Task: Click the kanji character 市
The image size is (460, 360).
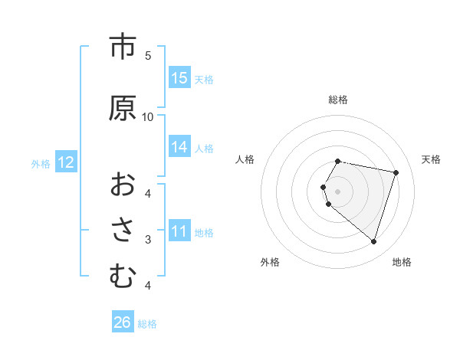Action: [x=121, y=47]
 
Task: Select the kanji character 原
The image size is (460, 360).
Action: [x=121, y=108]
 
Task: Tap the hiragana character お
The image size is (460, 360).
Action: [x=121, y=184]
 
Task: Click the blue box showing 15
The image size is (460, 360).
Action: [x=179, y=78]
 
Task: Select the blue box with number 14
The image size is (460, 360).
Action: [x=179, y=147]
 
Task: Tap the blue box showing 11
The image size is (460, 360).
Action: [x=179, y=231]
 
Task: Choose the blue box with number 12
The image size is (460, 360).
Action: [x=65, y=162]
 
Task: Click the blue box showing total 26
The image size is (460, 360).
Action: [x=123, y=322]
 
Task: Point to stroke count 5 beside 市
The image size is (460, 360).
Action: [x=148, y=56]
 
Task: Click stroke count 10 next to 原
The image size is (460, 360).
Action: [x=148, y=117]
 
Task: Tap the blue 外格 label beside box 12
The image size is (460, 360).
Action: [x=41, y=163]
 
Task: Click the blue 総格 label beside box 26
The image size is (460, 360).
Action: [x=148, y=323]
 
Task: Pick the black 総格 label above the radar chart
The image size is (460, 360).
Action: [x=338, y=100]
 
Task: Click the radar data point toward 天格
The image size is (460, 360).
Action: [x=396, y=172]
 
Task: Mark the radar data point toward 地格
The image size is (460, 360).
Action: [x=373, y=241]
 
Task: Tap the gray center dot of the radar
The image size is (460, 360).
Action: [x=337, y=191]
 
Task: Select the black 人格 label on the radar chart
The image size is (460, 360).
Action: [x=245, y=159]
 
